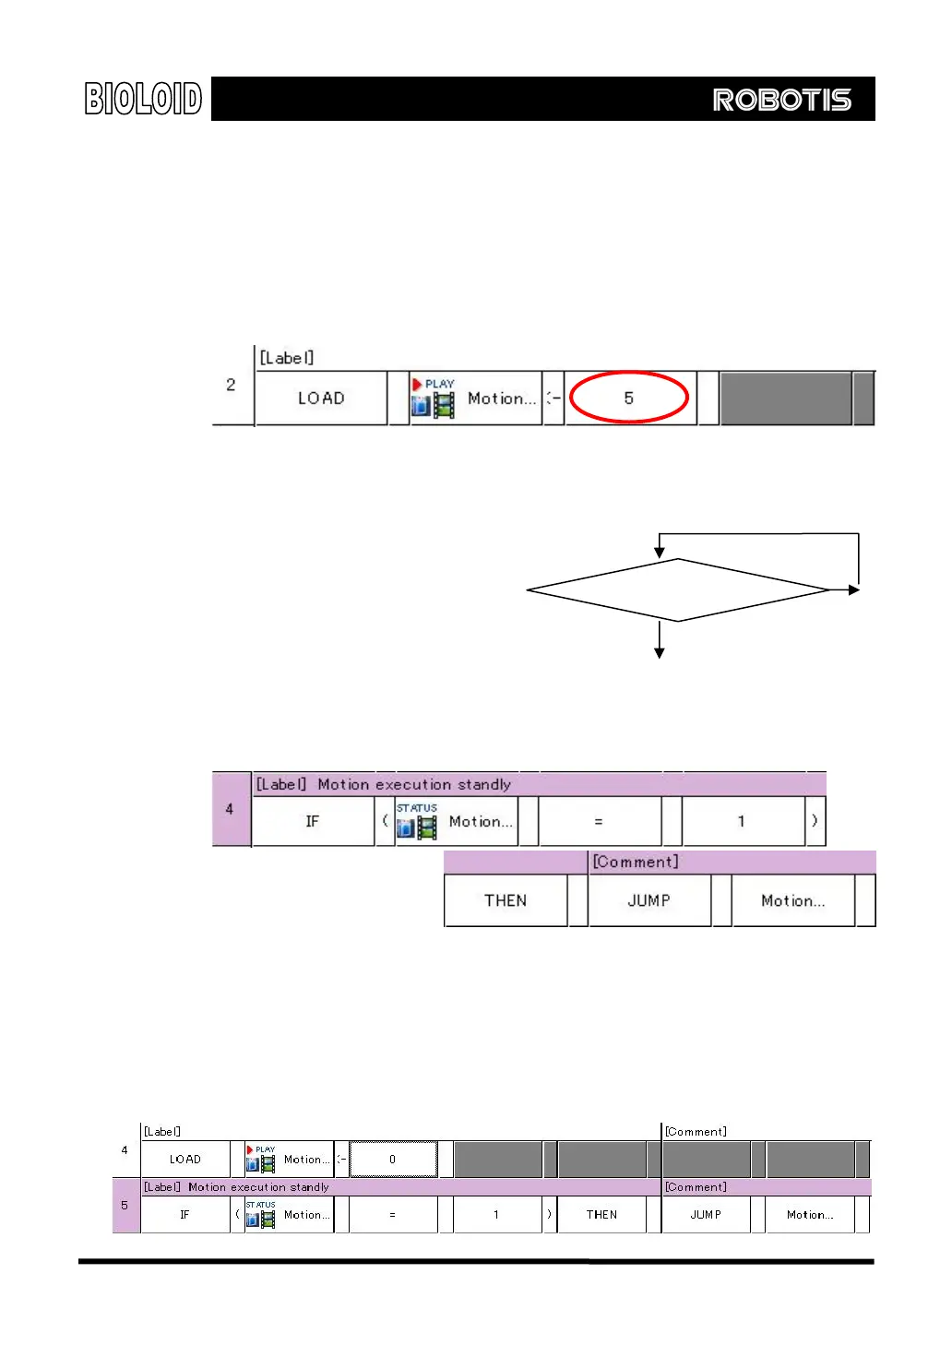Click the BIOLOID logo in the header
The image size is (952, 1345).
(x=143, y=99)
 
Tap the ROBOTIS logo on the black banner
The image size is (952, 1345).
(x=781, y=100)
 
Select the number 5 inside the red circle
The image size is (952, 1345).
(x=628, y=399)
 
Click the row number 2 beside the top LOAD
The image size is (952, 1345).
(x=231, y=385)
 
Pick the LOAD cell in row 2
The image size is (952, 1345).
(x=321, y=399)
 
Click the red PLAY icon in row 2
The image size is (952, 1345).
(x=417, y=384)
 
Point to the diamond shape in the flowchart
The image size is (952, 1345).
(x=677, y=590)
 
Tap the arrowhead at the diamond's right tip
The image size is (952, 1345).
(x=854, y=589)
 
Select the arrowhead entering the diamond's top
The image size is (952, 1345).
(x=660, y=552)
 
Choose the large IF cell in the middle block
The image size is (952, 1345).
(x=313, y=821)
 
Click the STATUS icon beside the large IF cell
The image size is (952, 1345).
(x=417, y=821)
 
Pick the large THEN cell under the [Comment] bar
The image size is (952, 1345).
(x=506, y=900)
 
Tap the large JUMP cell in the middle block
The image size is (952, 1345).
(x=649, y=900)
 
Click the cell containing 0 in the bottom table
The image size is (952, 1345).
(x=393, y=1160)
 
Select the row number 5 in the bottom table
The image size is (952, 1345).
(x=125, y=1206)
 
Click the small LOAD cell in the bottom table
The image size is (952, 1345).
(x=184, y=1160)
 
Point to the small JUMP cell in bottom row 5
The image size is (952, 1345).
(x=706, y=1215)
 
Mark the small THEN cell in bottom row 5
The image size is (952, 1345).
(x=601, y=1215)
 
